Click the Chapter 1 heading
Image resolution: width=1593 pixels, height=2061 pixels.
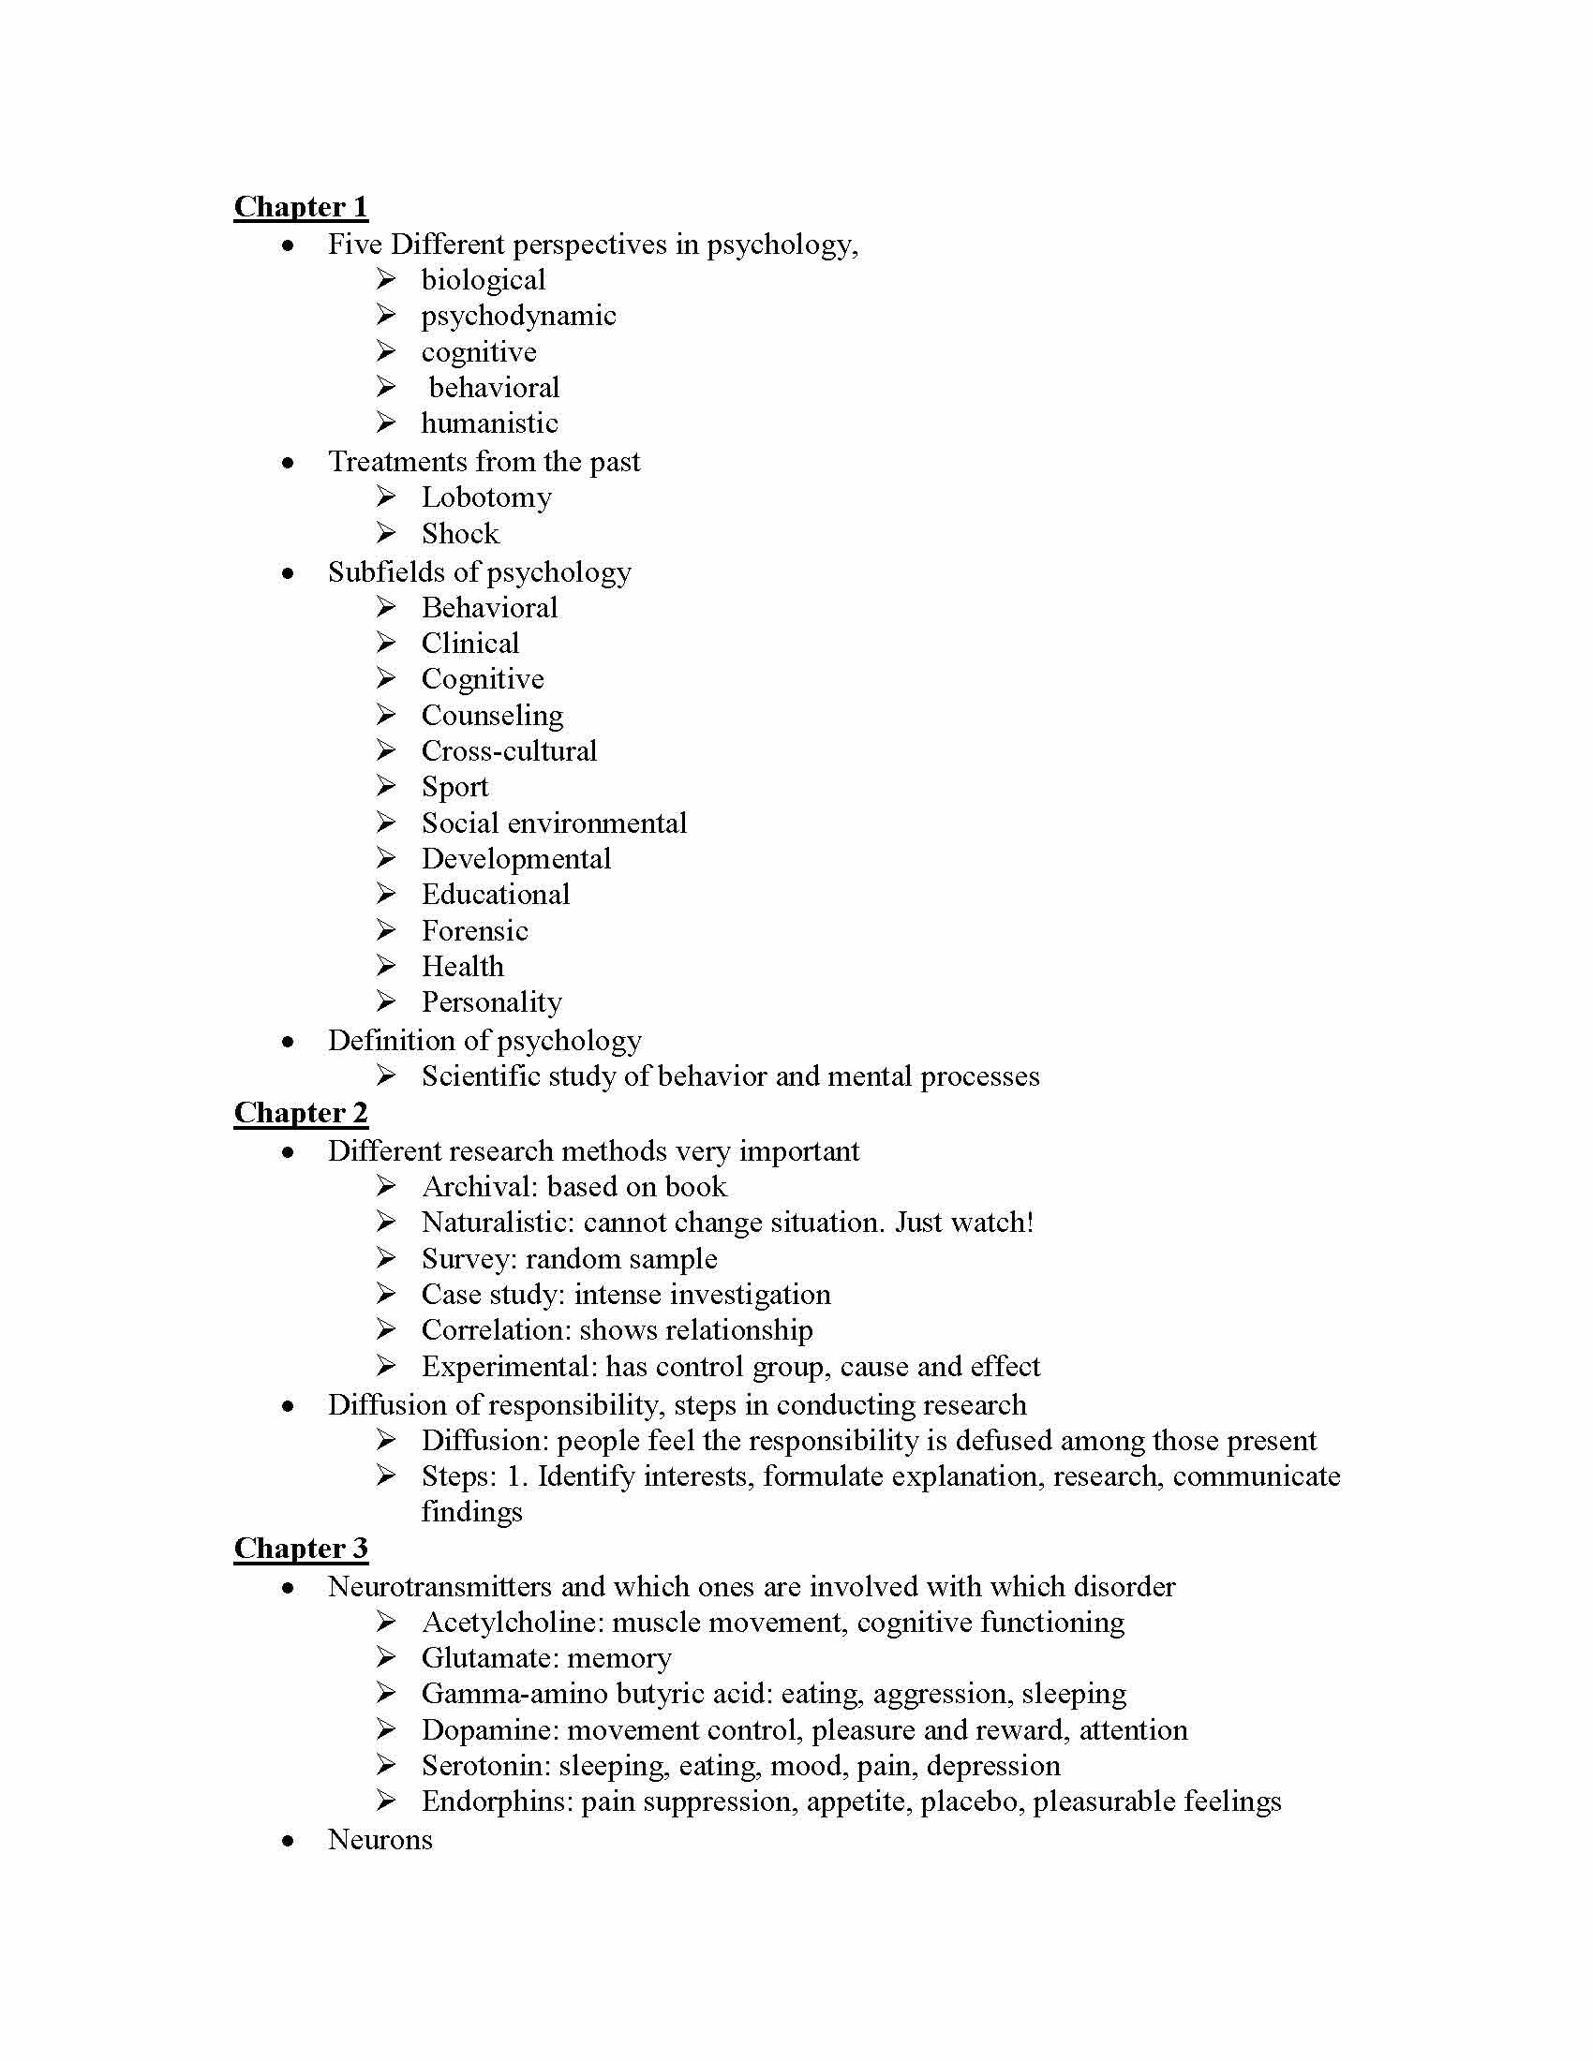pyautogui.click(x=300, y=207)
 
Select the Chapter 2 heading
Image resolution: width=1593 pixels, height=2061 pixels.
pyautogui.click(x=300, y=1113)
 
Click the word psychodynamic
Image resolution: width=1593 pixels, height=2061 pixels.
pyautogui.click(x=518, y=316)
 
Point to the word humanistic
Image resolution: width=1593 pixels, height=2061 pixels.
pyautogui.click(x=489, y=423)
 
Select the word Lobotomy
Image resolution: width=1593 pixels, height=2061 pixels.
pyautogui.click(x=486, y=497)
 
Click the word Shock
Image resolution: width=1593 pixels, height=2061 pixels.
pyautogui.click(x=459, y=534)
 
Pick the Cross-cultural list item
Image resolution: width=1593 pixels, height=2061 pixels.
pyautogui.click(x=509, y=751)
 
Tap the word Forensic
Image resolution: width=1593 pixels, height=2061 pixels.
pyautogui.click(x=474, y=931)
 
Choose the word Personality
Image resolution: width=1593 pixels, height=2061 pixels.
pyautogui.click(x=491, y=1002)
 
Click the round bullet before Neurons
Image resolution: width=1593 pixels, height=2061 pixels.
pyautogui.click(x=288, y=1841)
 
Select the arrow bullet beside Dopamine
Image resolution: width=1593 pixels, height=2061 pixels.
pyautogui.click(x=385, y=1729)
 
